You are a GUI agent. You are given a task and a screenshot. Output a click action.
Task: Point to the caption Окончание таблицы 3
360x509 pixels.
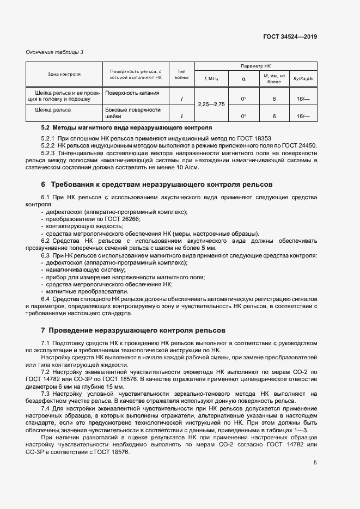55,52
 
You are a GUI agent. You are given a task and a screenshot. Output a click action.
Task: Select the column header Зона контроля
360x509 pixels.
64,75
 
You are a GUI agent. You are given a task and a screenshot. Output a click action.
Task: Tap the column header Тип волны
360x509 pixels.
181,75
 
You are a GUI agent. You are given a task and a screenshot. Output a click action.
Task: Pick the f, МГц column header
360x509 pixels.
211,79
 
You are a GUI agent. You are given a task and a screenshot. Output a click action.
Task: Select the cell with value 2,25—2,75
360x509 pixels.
211,104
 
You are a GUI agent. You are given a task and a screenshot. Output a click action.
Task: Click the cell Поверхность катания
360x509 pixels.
132,93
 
